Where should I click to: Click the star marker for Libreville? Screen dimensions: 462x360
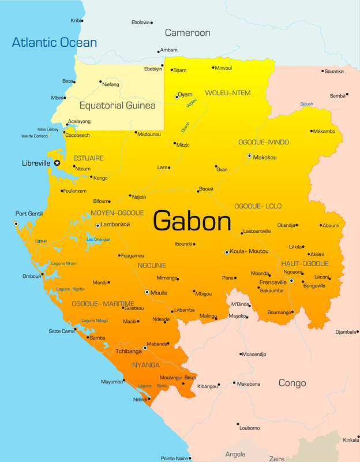pyautogui.click(x=57, y=163)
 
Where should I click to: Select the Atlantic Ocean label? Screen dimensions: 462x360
pyautogui.click(x=55, y=42)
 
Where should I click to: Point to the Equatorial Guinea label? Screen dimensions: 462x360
pyautogui.click(x=117, y=106)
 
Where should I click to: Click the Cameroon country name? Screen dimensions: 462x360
pyautogui.click(x=187, y=33)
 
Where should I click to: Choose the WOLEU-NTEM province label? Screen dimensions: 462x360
pyautogui.click(x=228, y=93)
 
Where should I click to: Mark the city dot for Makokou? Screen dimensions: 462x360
pyautogui.click(x=249, y=156)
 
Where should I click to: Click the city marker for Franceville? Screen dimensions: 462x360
pyautogui.click(x=291, y=281)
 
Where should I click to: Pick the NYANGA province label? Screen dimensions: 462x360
pyautogui.click(x=146, y=365)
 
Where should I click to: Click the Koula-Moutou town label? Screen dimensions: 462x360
pyautogui.click(x=250, y=252)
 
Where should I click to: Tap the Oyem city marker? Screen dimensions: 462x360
pyautogui.click(x=177, y=97)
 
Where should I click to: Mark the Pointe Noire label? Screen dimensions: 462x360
pyautogui.click(x=174, y=458)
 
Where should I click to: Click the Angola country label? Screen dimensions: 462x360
pyautogui.click(x=235, y=454)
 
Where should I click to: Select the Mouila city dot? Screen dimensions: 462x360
pyautogui.click(x=147, y=292)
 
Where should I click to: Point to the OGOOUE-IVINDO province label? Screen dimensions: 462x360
pyautogui.click(x=264, y=141)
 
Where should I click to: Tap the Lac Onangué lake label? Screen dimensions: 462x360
pyautogui.click(x=98, y=239)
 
